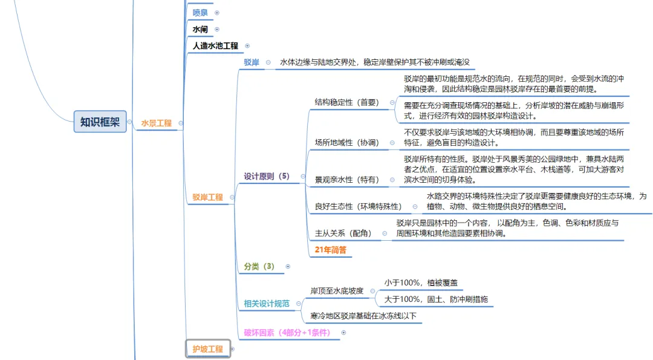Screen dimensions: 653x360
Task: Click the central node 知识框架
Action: [100, 122]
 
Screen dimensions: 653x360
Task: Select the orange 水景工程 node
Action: [156, 123]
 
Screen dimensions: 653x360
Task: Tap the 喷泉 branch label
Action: [200, 13]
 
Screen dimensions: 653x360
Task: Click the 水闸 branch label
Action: [200, 29]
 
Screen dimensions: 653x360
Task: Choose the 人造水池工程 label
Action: [215, 45]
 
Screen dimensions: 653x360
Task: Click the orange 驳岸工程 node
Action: [207, 197]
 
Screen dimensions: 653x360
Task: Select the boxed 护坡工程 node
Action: [207, 349]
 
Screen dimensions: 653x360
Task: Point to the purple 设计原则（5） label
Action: [267, 177]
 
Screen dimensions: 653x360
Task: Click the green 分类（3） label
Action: [259, 266]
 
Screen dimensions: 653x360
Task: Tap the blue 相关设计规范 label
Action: [266, 304]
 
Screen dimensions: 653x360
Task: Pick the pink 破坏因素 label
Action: [287, 332]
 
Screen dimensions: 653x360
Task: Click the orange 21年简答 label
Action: [331, 249]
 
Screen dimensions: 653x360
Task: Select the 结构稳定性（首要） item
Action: [346, 103]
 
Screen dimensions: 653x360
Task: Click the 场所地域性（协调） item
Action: [346, 143]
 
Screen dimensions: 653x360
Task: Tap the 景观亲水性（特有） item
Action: [346, 180]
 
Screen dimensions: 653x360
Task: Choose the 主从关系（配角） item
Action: [343, 233]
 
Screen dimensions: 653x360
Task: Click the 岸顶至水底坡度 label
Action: [337, 291]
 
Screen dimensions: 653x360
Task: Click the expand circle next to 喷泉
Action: [217, 13]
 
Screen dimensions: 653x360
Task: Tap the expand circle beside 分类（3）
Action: [288, 266]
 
